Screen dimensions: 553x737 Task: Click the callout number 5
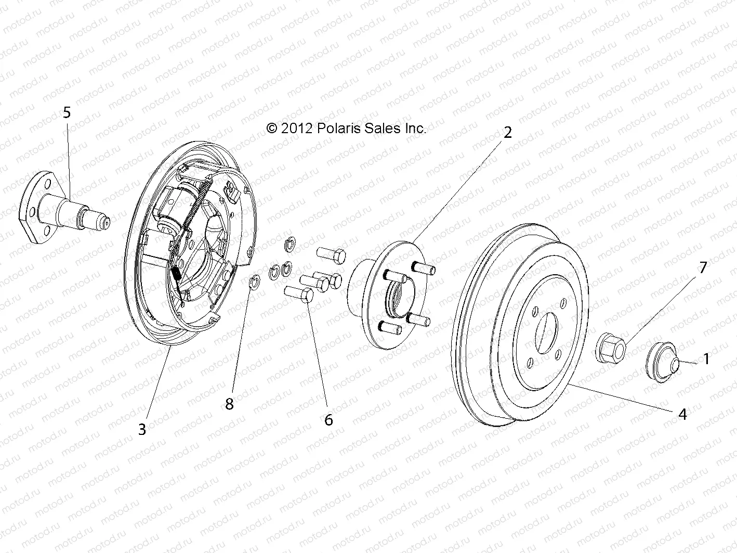click(66, 113)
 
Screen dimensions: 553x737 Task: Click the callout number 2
click(507, 132)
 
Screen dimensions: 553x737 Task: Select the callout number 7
click(703, 268)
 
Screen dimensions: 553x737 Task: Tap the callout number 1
click(706, 358)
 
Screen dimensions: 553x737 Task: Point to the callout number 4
click(682, 414)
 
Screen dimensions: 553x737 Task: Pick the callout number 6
click(328, 419)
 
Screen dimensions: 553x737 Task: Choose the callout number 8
click(229, 404)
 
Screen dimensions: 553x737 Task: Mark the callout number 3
click(142, 429)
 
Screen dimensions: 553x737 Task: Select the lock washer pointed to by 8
click(255, 282)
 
